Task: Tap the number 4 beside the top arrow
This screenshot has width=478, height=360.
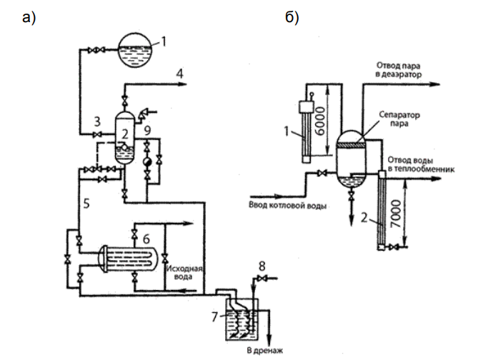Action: click(180, 74)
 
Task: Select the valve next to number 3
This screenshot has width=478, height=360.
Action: click(98, 134)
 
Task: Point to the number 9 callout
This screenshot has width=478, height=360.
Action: click(147, 131)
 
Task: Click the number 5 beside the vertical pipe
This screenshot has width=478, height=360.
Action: click(86, 204)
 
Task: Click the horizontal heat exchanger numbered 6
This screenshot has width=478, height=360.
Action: click(127, 259)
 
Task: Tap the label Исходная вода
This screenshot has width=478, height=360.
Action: click(184, 273)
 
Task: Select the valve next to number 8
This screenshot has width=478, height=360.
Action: click(262, 278)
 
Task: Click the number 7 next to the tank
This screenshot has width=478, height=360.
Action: click(214, 317)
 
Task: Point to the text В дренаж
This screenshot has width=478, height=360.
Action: click(264, 351)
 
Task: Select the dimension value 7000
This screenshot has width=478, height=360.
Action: click(396, 214)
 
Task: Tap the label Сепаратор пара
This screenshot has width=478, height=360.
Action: click(399, 119)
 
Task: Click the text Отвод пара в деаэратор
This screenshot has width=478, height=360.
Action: click(399, 70)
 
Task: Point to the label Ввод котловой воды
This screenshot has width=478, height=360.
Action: click(287, 206)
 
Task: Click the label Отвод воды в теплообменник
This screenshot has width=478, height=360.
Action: click(421, 164)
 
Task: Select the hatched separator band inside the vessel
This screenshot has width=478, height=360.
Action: click(351, 146)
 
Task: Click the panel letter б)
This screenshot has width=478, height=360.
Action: click(292, 17)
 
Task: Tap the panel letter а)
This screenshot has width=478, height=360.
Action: click(29, 17)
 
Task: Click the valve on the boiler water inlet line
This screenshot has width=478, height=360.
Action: click(322, 174)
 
